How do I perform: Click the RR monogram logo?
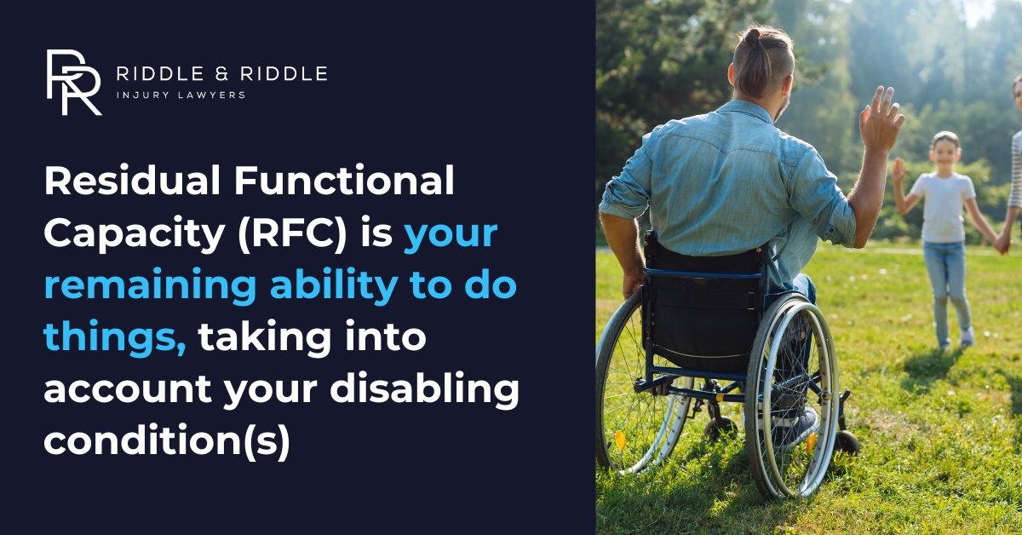(73, 82)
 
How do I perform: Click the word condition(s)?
(167, 441)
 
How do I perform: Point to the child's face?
(944, 153)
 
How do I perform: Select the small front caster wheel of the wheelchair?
(847, 441)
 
